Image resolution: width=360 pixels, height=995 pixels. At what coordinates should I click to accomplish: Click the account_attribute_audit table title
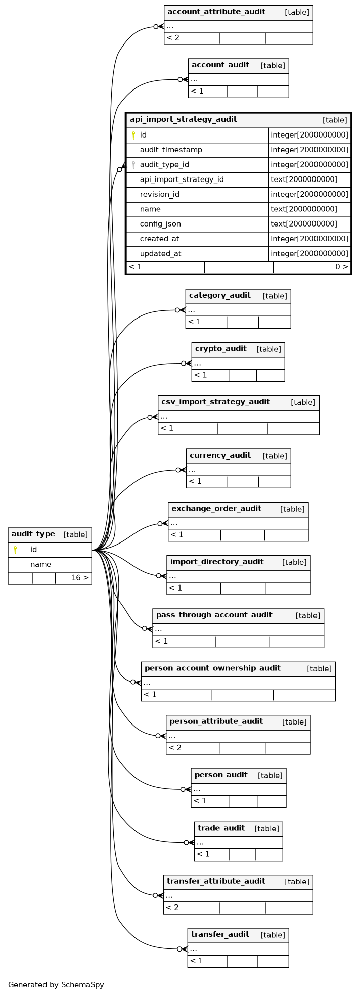tap(216, 12)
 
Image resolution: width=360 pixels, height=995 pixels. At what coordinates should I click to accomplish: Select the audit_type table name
tap(33, 534)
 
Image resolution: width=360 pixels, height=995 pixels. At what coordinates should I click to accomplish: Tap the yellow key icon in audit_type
tap(15, 550)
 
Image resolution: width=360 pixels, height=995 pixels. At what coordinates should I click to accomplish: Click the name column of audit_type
tap(40, 564)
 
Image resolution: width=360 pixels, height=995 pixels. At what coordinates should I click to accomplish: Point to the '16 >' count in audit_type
tap(80, 577)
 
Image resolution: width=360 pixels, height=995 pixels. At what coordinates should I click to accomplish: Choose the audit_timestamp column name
tap(171, 150)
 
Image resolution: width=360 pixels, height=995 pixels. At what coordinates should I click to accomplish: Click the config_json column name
tap(160, 224)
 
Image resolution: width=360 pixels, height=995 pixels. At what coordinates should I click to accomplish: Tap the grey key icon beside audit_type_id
tap(133, 165)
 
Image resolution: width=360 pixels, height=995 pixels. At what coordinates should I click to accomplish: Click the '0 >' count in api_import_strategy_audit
tap(342, 267)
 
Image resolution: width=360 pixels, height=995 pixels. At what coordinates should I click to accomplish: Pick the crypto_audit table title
tap(221, 349)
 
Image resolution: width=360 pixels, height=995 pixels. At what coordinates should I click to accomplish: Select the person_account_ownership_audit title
tap(212, 668)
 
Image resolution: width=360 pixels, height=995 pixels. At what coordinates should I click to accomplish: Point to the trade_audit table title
tap(221, 828)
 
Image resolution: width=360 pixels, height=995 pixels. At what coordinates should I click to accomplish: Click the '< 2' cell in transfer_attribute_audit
tap(172, 908)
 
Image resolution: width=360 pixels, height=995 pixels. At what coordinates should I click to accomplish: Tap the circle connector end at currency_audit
tap(178, 470)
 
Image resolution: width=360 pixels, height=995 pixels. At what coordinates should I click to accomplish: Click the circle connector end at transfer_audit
tap(179, 949)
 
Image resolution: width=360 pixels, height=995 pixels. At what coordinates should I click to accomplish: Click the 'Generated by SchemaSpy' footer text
tap(56, 985)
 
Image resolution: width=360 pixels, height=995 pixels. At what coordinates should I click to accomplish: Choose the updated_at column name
tap(161, 254)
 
